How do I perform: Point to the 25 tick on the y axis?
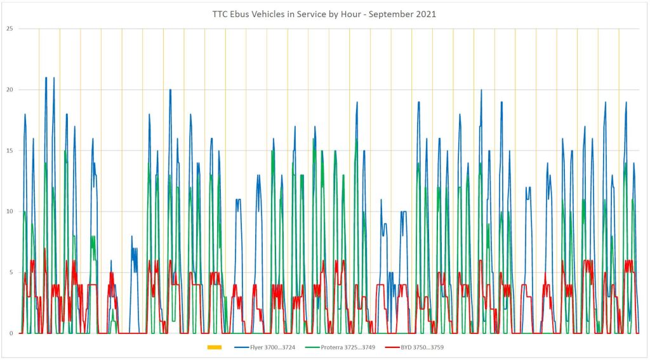coord(10,29)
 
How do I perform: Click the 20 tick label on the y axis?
coord(10,90)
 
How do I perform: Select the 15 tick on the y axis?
coord(10,150)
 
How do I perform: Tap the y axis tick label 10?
coord(10,211)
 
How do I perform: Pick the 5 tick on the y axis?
coord(11,272)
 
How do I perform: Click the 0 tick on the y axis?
coord(11,333)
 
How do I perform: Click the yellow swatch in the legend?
coord(214,347)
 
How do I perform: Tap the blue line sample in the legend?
coord(241,347)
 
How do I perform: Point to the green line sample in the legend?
coord(312,347)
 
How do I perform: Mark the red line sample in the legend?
coord(393,347)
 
